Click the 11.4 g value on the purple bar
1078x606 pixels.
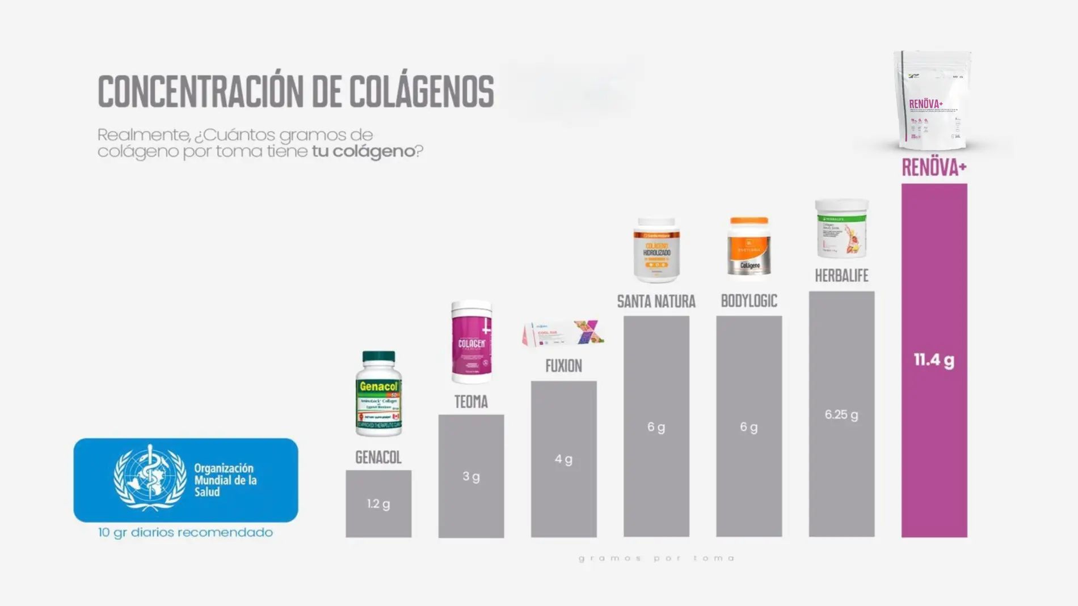coord(934,360)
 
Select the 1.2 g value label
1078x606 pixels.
coord(378,503)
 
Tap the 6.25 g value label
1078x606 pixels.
coord(841,414)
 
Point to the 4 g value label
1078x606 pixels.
coord(563,459)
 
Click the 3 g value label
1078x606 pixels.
coord(471,476)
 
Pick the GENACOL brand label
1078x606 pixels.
coord(378,457)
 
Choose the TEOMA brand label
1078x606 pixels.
coord(471,402)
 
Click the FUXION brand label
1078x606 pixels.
coord(563,366)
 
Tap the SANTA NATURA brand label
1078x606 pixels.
coord(656,302)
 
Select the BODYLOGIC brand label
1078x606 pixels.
coord(749,301)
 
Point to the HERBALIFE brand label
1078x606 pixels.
coord(841,276)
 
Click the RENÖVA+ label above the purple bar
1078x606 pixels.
coord(934,168)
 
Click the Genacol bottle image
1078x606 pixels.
coord(378,394)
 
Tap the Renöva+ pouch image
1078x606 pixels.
coord(932,100)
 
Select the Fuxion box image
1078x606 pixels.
coord(563,333)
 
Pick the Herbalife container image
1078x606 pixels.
coord(841,228)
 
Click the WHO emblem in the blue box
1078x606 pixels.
coord(150,478)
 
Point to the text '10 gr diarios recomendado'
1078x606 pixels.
coord(186,532)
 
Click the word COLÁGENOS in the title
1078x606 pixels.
coord(422,91)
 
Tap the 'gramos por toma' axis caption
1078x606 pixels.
coord(656,558)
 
